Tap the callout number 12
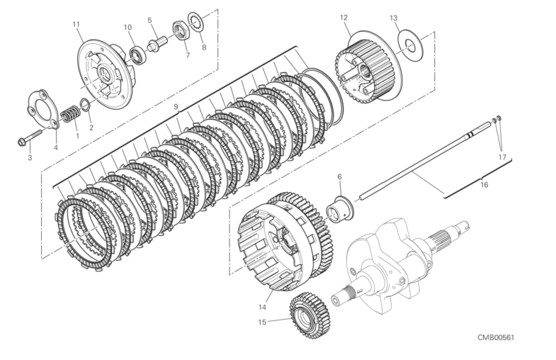point(343,16)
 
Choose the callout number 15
point(261,322)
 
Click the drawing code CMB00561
point(495,337)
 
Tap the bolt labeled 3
point(25,139)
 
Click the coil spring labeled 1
point(69,113)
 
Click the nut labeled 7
point(181,30)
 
